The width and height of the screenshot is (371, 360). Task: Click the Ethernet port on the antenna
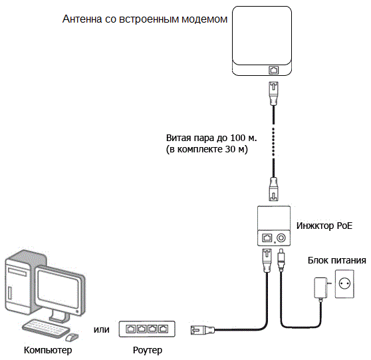(x=273, y=70)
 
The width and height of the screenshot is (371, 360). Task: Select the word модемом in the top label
(x=204, y=19)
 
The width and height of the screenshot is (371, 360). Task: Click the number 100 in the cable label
(x=239, y=138)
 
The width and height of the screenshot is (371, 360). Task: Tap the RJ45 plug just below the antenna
(x=274, y=93)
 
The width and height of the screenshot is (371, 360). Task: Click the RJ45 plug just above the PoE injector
(x=274, y=189)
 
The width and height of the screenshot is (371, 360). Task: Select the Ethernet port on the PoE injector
(x=267, y=238)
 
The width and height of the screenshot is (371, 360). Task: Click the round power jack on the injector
(x=281, y=238)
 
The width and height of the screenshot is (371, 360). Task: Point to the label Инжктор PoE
(x=324, y=226)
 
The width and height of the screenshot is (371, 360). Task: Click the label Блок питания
(x=336, y=261)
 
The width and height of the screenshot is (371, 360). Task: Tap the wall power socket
(x=344, y=283)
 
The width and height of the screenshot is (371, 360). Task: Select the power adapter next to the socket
(x=322, y=287)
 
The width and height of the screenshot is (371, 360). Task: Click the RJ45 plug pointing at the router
(x=203, y=329)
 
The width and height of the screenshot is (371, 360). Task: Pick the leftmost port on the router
(x=130, y=329)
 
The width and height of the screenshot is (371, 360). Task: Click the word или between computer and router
(x=102, y=329)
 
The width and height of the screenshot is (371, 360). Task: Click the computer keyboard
(x=46, y=329)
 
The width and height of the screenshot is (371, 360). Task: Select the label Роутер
(x=148, y=350)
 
